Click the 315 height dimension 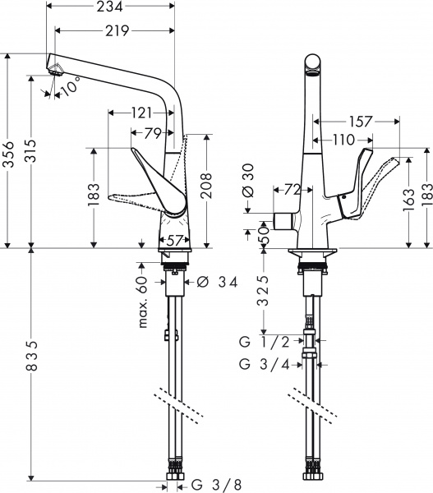coord(30,153)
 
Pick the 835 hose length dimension coord(30,364)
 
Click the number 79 coord(152,132)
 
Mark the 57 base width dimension coord(173,240)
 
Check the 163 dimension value coord(408,197)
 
